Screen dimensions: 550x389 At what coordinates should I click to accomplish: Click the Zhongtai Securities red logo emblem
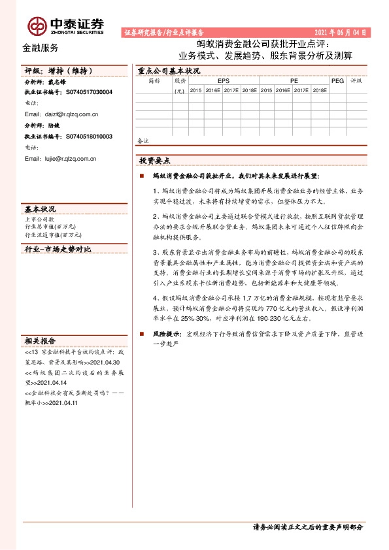(37, 25)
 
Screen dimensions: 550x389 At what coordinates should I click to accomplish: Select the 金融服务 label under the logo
(40, 48)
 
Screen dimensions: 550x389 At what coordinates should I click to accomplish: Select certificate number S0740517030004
(89, 93)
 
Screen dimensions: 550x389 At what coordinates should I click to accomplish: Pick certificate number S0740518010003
(89, 137)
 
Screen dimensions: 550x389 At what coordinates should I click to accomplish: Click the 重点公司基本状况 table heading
(164, 71)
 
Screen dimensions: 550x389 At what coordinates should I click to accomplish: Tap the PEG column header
(337, 81)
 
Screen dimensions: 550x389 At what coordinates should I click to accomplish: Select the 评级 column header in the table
(356, 81)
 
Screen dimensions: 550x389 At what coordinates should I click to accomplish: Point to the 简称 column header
(154, 81)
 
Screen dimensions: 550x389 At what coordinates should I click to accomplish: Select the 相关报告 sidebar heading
(40, 341)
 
